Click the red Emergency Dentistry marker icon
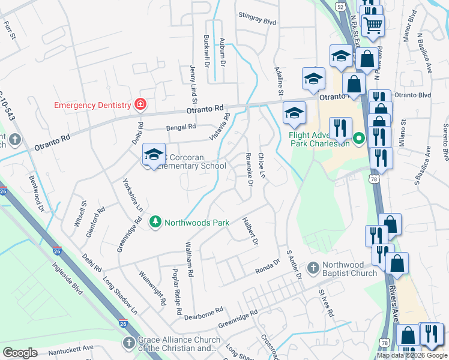[140, 105]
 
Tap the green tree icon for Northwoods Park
[155, 223]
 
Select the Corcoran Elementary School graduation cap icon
[154, 155]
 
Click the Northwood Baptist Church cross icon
[312, 266]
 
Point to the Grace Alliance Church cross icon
[128, 343]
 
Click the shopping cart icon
[373, 25]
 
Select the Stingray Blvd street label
[257, 21]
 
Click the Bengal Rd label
[182, 127]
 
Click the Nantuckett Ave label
[71, 347]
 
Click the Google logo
[20, 353]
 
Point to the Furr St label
[8, 29]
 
